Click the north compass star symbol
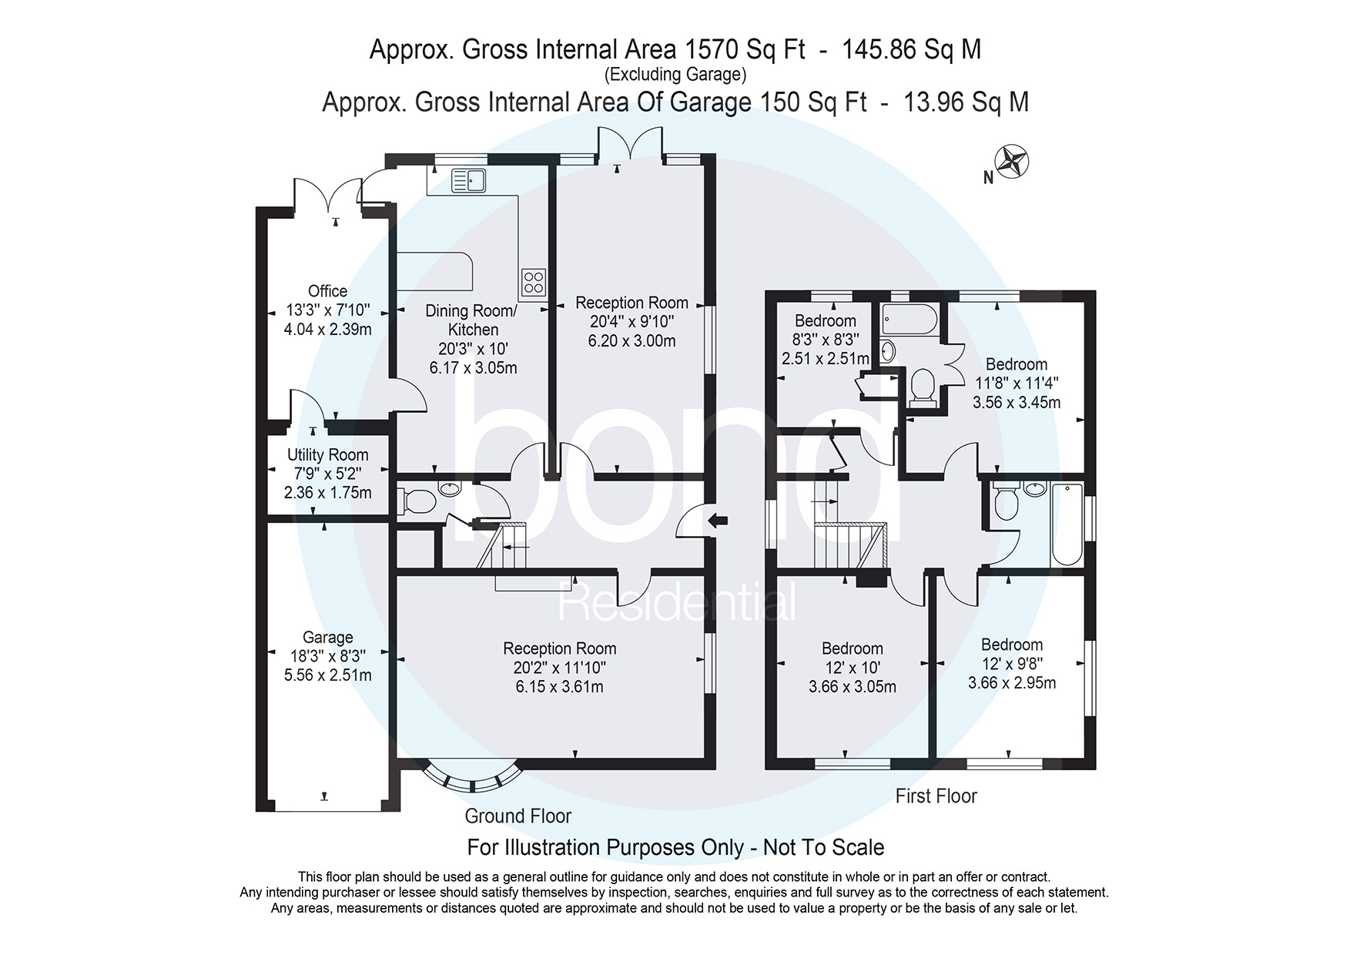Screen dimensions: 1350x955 pyautogui.click(x=1012, y=162)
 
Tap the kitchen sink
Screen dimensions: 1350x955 pyautogui.click(x=468, y=180)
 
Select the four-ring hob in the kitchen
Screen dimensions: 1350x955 pyautogui.click(x=534, y=282)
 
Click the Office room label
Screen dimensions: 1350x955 pyautogui.click(x=327, y=291)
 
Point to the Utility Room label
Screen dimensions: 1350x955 pyautogui.click(x=327, y=455)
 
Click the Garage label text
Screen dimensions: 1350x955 pyautogui.click(x=328, y=638)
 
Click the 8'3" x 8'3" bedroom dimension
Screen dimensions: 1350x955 pyautogui.click(x=826, y=340)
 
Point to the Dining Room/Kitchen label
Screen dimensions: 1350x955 pyautogui.click(x=472, y=320)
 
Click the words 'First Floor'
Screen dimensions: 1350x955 pyautogui.click(x=936, y=796)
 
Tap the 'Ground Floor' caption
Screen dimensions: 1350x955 pyautogui.click(x=518, y=816)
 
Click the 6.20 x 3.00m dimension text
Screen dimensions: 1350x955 pyautogui.click(x=631, y=341)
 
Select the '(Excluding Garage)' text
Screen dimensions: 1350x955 pyautogui.click(x=675, y=75)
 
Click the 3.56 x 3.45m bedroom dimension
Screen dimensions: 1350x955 pyautogui.click(x=1017, y=402)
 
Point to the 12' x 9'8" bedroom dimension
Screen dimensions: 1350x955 pyautogui.click(x=1012, y=664)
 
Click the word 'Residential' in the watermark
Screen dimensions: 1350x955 pyautogui.click(x=676, y=601)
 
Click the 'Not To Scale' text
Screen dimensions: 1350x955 pyautogui.click(x=823, y=848)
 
